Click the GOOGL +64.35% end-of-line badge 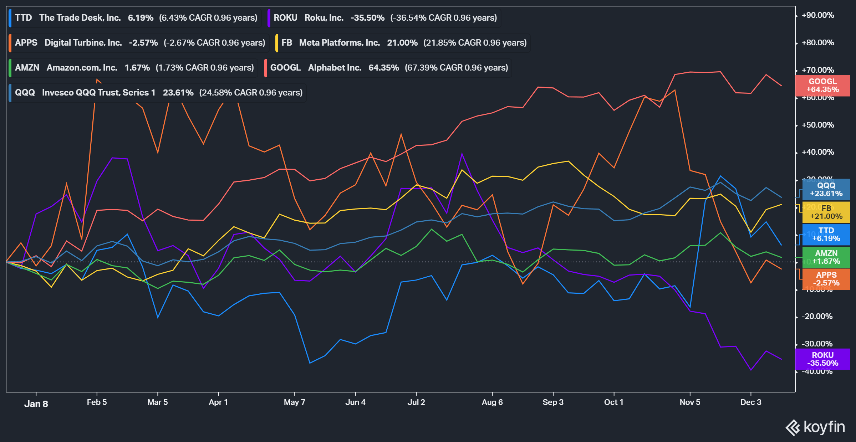(822, 86)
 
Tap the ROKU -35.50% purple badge (822, 359)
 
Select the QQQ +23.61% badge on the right (826, 190)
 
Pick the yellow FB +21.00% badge (826, 212)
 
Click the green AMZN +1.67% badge (826, 257)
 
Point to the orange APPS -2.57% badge (826, 279)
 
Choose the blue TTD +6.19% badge (826, 235)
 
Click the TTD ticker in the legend (24, 18)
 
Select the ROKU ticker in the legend (285, 18)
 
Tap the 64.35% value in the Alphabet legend (383, 68)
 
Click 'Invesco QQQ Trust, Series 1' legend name (99, 93)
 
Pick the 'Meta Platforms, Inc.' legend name (339, 43)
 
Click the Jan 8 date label (36, 404)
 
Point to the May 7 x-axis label (294, 402)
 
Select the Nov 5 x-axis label (690, 402)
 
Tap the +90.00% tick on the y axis (817, 15)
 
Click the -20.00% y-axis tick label (817, 317)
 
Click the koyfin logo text (824, 427)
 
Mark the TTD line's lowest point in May (310, 363)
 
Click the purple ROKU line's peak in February (112, 158)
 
